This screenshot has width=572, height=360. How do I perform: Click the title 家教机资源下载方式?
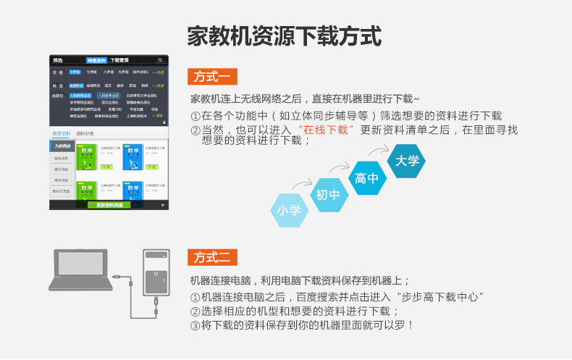pos(284,35)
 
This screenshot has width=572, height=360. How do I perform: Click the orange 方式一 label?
pos(212,77)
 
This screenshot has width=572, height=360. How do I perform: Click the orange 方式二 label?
pos(212,257)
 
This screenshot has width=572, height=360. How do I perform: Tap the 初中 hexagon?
pos(328,195)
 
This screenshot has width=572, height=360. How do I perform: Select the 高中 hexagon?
pos(366,178)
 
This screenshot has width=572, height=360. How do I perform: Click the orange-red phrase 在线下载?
pos(326,130)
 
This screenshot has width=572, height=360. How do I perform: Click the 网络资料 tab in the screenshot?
pos(96,61)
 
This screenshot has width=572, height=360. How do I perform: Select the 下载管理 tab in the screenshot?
pos(119,61)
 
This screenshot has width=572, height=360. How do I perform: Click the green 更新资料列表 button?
pos(109,206)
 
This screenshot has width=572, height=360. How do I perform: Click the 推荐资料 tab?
pos(62,134)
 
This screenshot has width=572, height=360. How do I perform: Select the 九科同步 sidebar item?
pos(62,146)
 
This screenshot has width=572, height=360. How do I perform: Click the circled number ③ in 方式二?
pos(195,326)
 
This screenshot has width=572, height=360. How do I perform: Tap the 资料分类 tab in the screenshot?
pos(85,134)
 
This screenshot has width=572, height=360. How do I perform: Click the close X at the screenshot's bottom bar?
pos(162,206)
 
